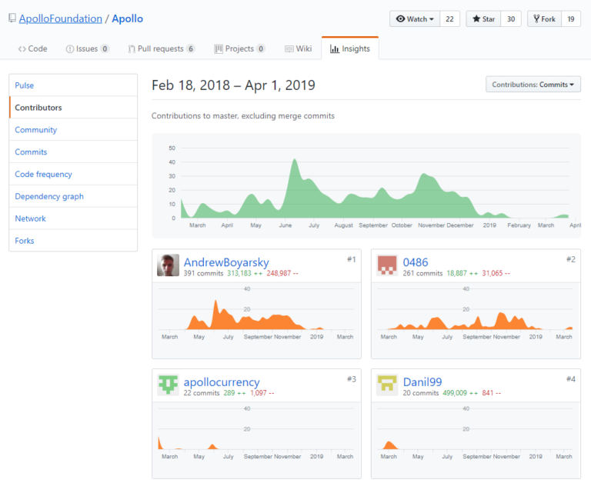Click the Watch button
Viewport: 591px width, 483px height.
click(x=414, y=19)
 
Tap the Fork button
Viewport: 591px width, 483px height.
click(x=543, y=19)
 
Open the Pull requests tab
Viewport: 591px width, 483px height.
click(x=161, y=48)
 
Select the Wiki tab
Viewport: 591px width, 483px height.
click(x=298, y=48)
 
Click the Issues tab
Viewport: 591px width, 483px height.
click(x=87, y=48)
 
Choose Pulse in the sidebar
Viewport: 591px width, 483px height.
click(x=25, y=85)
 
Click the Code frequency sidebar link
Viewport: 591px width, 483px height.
click(x=43, y=175)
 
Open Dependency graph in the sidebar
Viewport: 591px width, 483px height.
click(x=49, y=197)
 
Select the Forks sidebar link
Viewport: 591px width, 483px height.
click(x=25, y=241)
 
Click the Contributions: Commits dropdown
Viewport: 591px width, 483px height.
click(x=533, y=85)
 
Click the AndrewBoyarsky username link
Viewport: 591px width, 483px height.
click(x=226, y=262)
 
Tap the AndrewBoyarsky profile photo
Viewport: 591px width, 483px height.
click(x=169, y=265)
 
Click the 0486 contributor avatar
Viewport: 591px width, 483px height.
click(x=387, y=265)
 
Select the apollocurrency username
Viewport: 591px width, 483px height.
click(x=222, y=381)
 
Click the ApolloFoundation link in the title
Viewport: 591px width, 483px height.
click(x=60, y=18)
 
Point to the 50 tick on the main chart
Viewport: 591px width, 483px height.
click(x=172, y=148)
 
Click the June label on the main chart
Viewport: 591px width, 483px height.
click(x=285, y=225)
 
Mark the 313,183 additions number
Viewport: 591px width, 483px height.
click(x=239, y=273)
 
